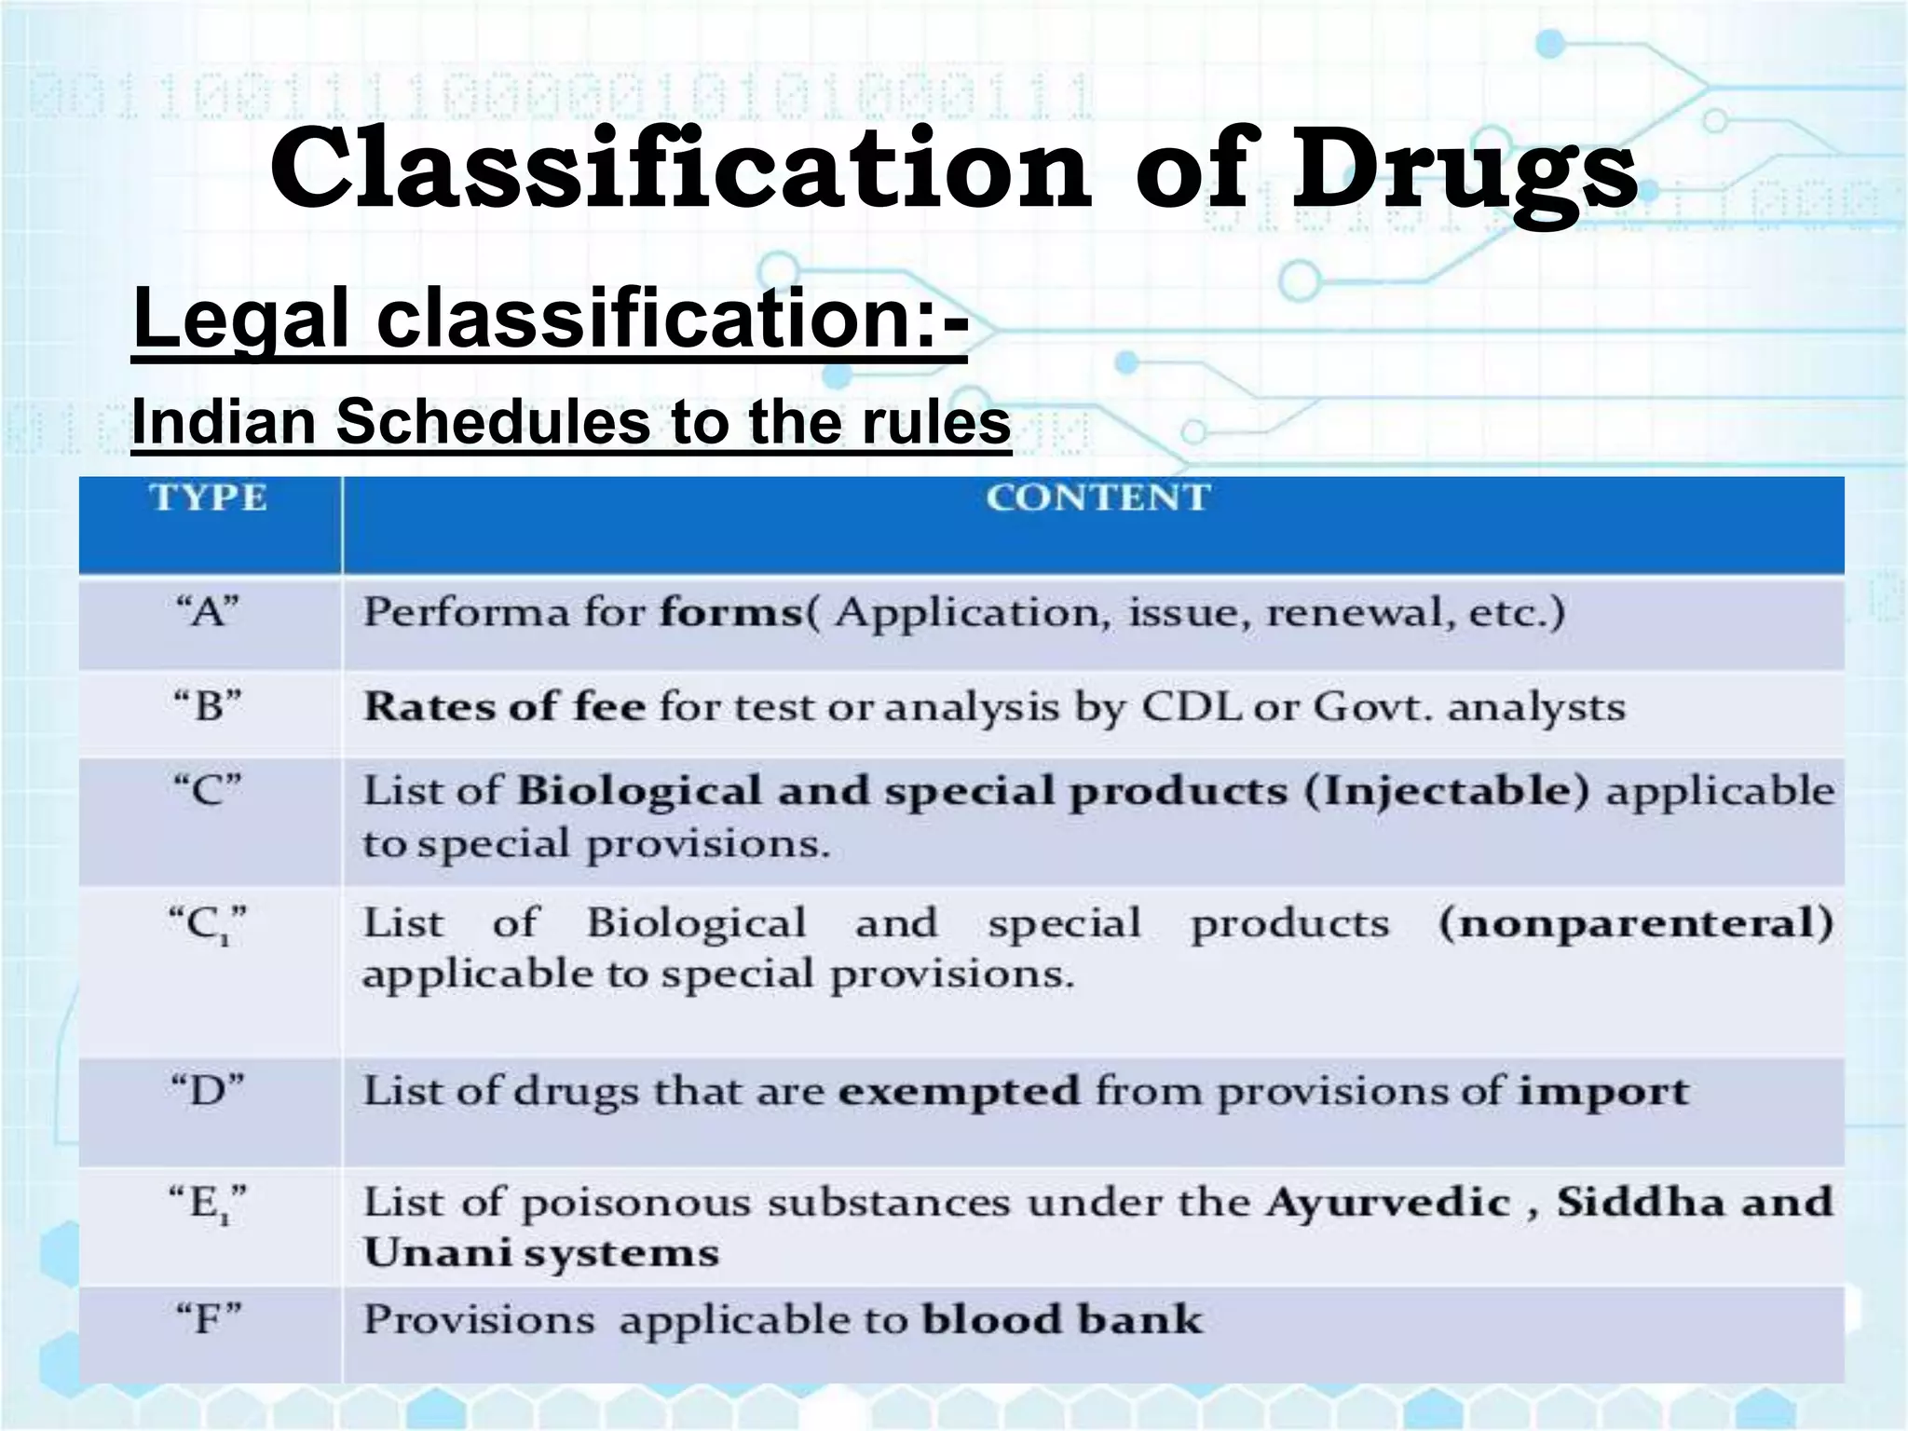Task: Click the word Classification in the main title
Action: click(679, 170)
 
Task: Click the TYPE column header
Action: click(208, 498)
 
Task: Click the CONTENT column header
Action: click(1097, 498)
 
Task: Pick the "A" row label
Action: click(208, 613)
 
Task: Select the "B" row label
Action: click(208, 706)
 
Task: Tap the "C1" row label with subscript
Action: click(208, 925)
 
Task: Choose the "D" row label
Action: click(208, 1088)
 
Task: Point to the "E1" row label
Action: click(208, 1203)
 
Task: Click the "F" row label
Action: click(208, 1319)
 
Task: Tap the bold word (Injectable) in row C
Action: click(1446, 791)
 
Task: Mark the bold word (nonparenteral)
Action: click(1635, 924)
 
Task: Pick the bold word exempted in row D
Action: click(959, 1090)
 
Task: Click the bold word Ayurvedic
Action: click(1387, 1202)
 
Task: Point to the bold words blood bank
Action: click(1062, 1319)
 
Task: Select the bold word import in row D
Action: click(1603, 1090)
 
